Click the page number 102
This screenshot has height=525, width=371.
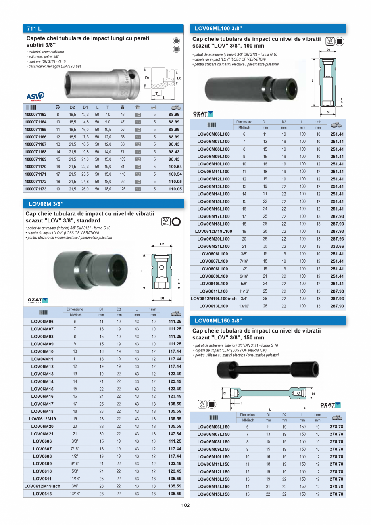coord(185,505)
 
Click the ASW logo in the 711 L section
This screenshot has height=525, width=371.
coord(35,97)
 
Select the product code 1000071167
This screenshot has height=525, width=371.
coord(36,144)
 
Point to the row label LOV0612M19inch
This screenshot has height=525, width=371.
coord(42,486)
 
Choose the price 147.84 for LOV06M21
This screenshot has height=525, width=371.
coord(175,434)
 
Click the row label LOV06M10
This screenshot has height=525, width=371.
coord(42,351)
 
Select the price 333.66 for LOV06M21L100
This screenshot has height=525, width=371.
coord(337,247)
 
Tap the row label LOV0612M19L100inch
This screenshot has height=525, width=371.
coord(213,299)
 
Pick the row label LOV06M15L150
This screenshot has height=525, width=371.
coord(213,494)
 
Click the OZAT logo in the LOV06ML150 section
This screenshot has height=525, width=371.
coord(330,405)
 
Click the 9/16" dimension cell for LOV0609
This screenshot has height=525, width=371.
coord(75,464)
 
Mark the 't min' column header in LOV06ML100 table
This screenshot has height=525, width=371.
coord(318,122)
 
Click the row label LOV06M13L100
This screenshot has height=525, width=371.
coord(213,186)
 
